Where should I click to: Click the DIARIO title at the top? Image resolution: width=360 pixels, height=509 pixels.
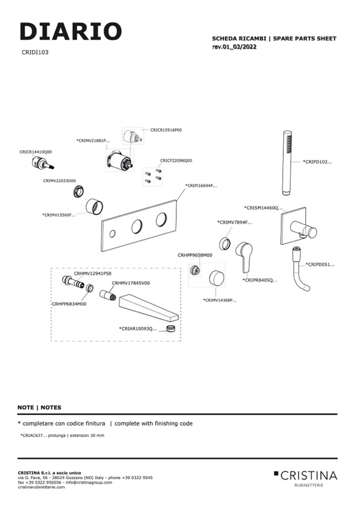point(71,32)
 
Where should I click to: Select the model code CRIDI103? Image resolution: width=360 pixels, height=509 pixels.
point(36,53)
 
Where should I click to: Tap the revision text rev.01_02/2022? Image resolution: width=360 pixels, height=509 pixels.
point(238,47)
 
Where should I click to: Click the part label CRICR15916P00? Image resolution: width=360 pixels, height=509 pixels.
point(166,130)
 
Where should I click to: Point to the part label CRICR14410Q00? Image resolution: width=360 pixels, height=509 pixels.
point(36,152)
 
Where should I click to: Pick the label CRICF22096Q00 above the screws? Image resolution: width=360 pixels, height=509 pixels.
point(176,160)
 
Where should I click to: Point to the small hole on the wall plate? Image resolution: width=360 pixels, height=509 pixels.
point(113,234)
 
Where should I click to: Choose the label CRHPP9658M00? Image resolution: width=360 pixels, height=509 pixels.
point(195,255)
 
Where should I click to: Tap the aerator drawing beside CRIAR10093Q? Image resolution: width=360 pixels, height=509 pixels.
point(171,330)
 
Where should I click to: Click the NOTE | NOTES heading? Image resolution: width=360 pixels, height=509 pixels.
point(39,408)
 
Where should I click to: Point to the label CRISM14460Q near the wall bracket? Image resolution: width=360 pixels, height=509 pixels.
point(263,208)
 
